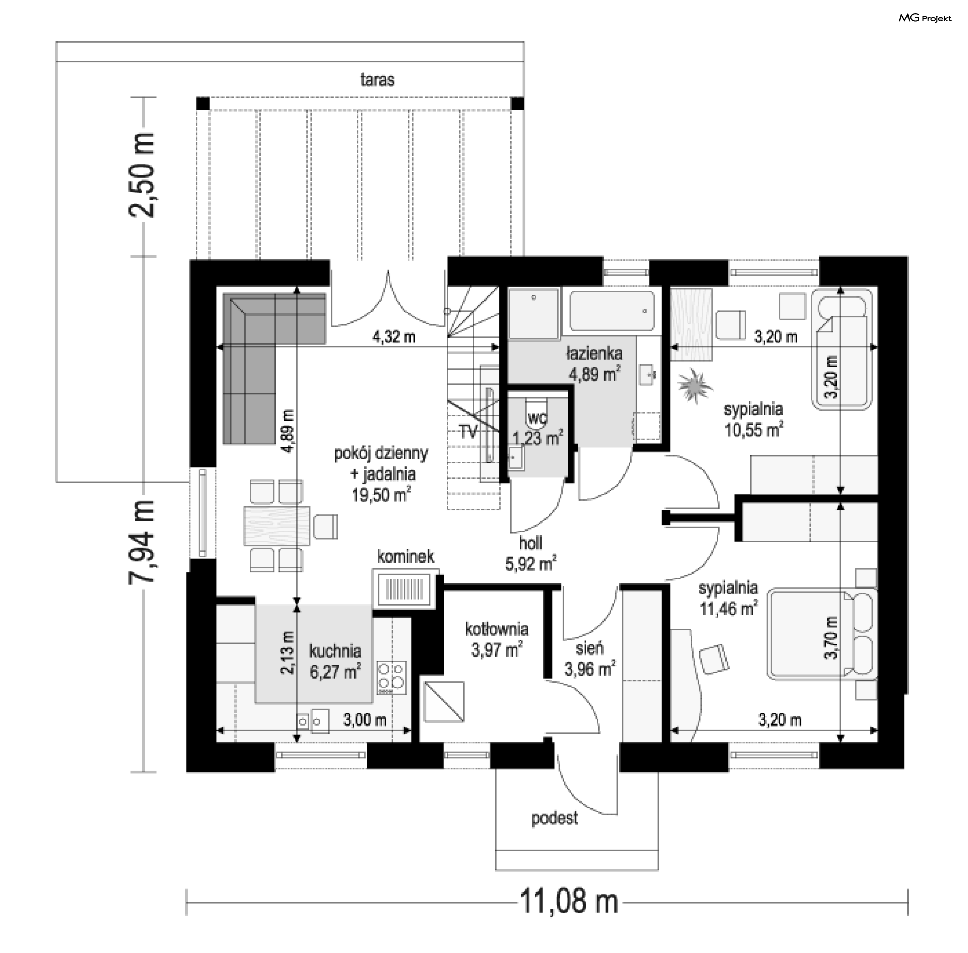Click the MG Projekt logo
[x=925, y=18]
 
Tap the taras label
[x=377, y=80]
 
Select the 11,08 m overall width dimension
[x=569, y=901]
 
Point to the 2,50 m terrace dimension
[x=141, y=175]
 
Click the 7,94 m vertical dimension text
[x=141, y=542]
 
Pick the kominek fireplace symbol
[x=405, y=588]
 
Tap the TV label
[x=468, y=432]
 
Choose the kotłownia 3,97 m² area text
[x=497, y=639]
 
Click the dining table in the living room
[x=277, y=525]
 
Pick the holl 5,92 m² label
[x=531, y=553]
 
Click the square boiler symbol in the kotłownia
[x=444, y=701]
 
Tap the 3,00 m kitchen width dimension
[x=365, y=720]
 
